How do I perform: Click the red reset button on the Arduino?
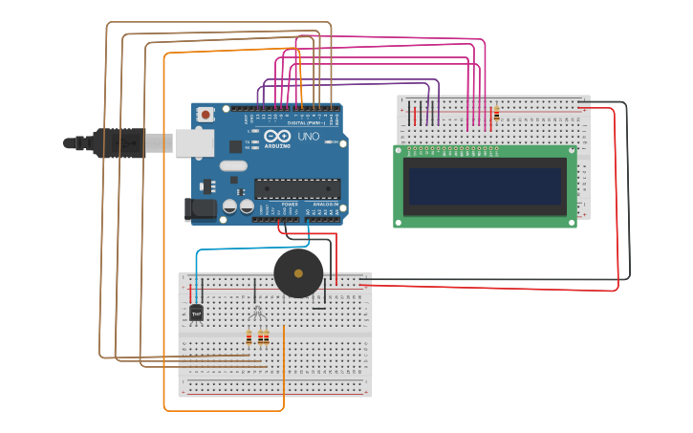click(205, 114)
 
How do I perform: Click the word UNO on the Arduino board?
click(309, 137)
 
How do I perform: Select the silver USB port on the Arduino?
click(194, 142)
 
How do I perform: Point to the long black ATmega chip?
click(297, 189)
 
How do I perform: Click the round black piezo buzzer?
click(298, 273)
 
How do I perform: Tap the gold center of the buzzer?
click(298, 273)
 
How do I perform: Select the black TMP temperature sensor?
click(196, 313)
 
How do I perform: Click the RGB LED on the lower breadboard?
click(256, 313)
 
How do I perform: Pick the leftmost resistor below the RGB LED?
click(249, 337)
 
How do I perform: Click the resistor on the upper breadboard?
click(496, 115)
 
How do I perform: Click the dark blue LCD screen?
click(485, 186)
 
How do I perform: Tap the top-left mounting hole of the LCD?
click(399, 150)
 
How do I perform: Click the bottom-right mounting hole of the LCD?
click(572, 223)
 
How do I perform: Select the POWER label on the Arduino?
click(290, 205)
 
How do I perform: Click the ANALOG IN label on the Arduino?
click(325, 205)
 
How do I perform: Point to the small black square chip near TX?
click(235, 147)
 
